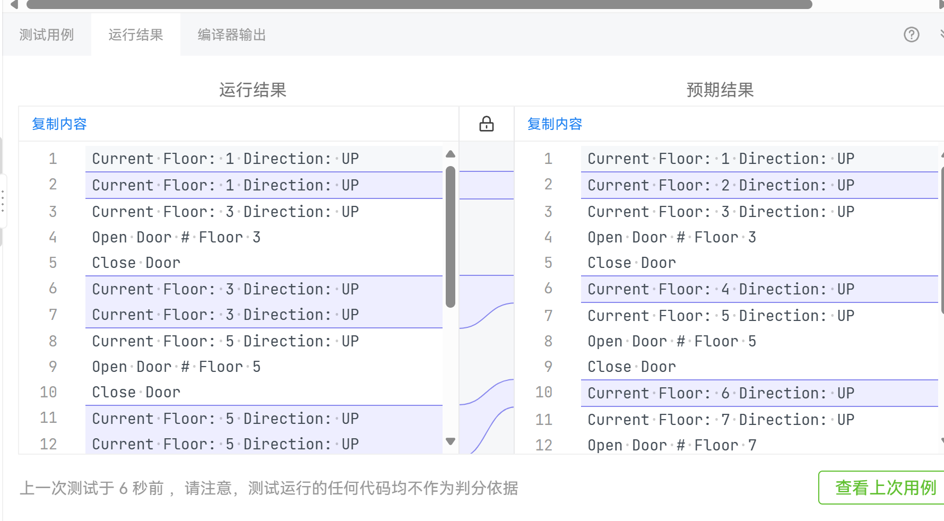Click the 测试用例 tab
(47, 35)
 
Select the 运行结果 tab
(136, 35)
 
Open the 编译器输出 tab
(231, 35)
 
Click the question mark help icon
(911, 35)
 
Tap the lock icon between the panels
(486, 124)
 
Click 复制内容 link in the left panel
(59, 124)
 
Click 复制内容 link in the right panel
(555, 124)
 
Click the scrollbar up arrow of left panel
(451, 154)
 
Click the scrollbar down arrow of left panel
(451, 441)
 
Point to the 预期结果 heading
(720, 90)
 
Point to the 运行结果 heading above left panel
(253, 90)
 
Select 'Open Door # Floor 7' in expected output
(672, 445)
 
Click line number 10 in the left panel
(48, 393)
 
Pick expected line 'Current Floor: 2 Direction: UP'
(721, 185)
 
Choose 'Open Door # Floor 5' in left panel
(176, 367)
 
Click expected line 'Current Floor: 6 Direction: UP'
(721, 393)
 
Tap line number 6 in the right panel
(548, 289)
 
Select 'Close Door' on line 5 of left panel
(136, 263)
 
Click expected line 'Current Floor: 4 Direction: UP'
(721, 289)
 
